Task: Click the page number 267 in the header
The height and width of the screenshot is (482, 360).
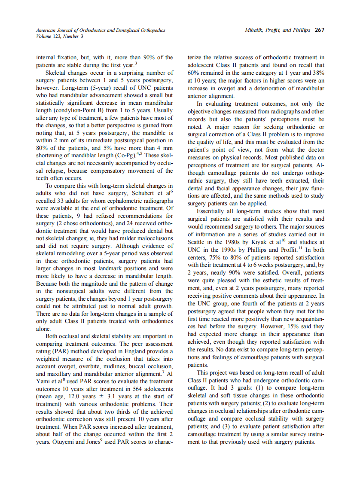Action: [319, 30]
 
